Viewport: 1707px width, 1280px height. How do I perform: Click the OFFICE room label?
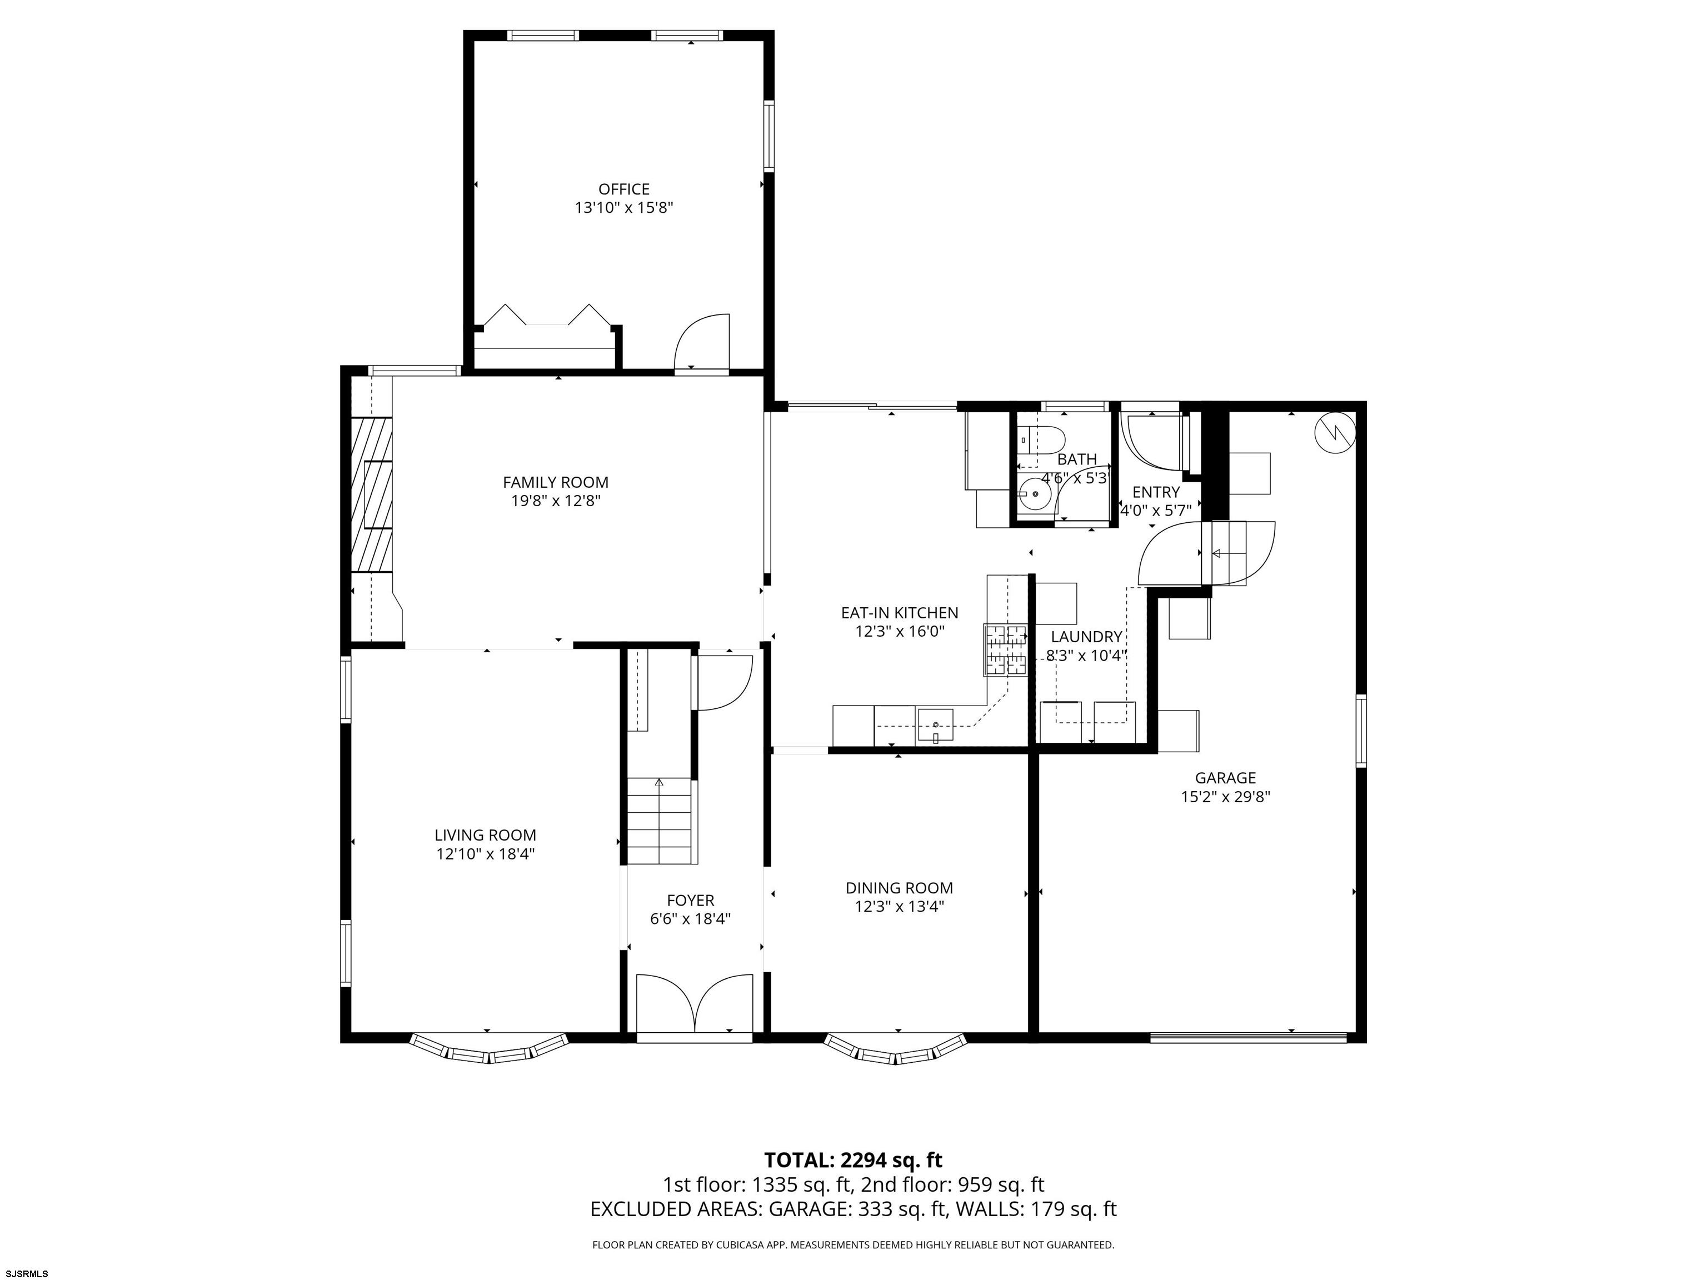(623, 189)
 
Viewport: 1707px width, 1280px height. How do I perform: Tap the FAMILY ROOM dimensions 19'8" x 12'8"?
(555, 501)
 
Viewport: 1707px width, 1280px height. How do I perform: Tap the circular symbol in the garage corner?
(1334, 433)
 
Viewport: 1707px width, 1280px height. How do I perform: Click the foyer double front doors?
(694, 1002)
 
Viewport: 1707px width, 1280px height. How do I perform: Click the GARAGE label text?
(1225, 778)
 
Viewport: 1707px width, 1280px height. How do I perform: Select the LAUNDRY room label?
(1086, 637)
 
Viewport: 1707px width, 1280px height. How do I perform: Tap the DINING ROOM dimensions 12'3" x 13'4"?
(899, 907)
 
